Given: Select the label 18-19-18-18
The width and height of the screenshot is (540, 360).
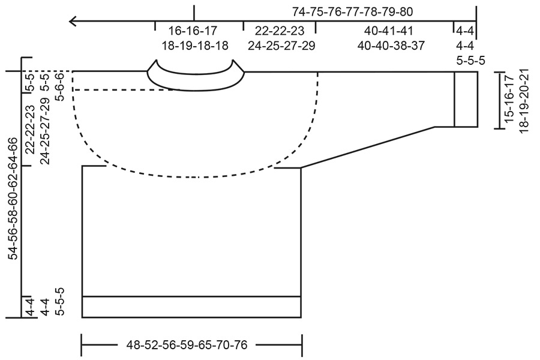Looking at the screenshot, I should (195, 45).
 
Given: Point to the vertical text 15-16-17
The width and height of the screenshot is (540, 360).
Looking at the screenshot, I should (509, 99).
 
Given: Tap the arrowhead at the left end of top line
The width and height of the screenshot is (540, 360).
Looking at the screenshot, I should (73, 22).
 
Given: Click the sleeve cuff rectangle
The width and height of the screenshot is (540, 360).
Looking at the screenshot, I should (466, 99).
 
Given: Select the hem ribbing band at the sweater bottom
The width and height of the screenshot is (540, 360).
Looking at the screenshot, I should (191, 307).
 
